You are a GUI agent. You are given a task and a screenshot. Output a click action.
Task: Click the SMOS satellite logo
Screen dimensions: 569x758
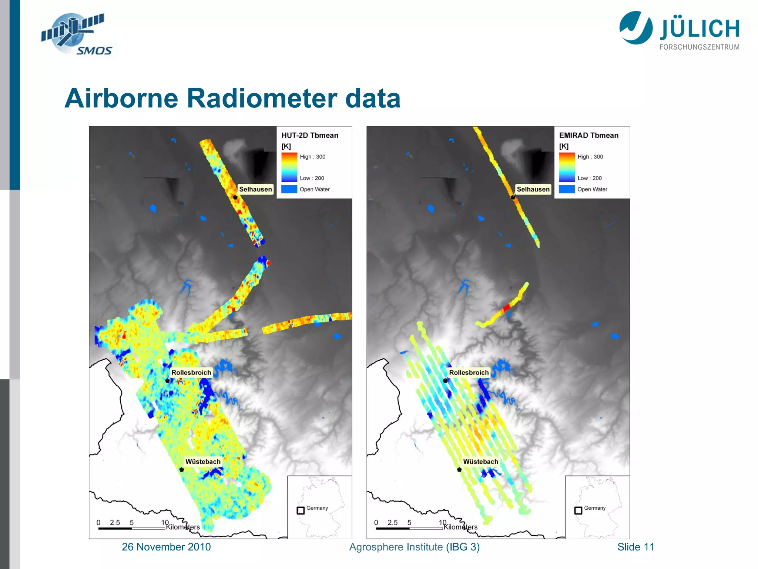coord(76,34)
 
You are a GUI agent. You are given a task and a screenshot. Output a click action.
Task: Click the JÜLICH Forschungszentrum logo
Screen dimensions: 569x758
coord(679,30)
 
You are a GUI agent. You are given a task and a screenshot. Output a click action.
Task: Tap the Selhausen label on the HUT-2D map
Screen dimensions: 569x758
coord(255,189)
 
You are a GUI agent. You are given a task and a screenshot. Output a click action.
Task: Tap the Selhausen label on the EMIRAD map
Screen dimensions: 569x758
coord(533,189)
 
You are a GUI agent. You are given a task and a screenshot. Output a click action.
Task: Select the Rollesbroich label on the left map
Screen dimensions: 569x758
coord(191,372)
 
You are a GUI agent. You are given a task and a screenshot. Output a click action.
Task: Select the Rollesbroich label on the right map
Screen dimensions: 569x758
coord(469,372)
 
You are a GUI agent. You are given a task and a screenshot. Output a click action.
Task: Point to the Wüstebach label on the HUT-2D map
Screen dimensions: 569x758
coord(203,462)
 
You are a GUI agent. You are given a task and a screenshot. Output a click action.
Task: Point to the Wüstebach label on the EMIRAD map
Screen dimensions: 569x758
coord(480,462)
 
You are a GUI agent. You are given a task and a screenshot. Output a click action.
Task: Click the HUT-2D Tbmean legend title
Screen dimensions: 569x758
coord(310,136)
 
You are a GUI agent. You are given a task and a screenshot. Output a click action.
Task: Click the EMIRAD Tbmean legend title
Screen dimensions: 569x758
coord(588,136)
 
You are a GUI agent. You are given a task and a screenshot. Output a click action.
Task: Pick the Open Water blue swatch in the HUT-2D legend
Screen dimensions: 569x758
coord(289,189)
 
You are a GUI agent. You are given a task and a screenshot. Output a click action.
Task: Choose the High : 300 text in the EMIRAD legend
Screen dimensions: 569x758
coord(590,157)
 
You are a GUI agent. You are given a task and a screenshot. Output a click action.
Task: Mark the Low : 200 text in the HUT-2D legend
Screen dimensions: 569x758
coord(312,178)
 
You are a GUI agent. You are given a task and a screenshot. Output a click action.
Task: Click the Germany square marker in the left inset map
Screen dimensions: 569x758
coord(301,510)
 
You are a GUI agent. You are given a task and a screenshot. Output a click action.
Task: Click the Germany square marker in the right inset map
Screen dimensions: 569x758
coord(578,510)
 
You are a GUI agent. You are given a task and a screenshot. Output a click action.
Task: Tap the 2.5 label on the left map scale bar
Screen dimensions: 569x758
coord(115,522)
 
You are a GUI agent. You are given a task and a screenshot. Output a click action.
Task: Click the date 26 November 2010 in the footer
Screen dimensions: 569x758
coord(166,547)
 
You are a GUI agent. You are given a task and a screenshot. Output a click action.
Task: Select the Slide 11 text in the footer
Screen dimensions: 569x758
coord(635,547)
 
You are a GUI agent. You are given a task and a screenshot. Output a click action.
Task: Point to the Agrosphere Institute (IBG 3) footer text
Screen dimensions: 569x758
coord(414,547)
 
